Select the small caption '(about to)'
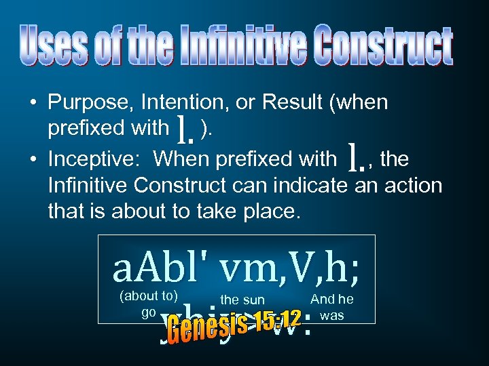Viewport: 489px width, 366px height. point(148,295)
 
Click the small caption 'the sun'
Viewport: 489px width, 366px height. point(242,300)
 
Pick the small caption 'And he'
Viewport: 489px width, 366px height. point(331,299)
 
